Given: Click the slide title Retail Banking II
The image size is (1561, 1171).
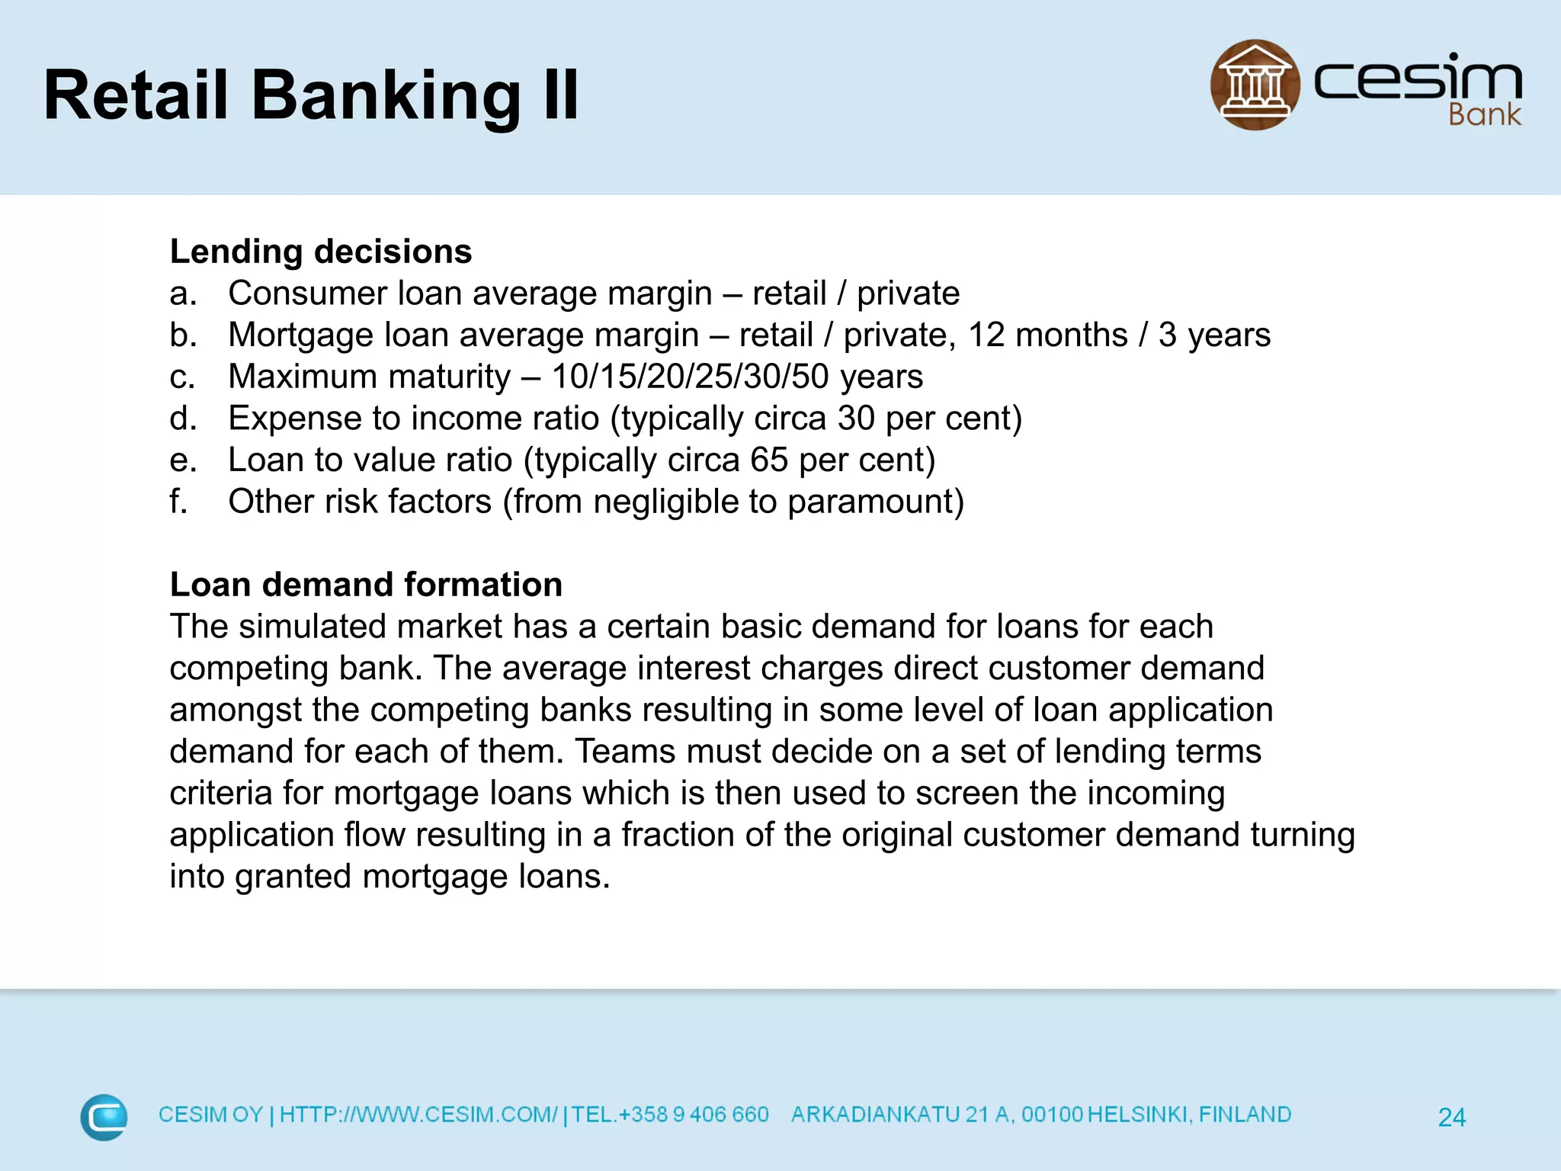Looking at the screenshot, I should click(x=311, y=95).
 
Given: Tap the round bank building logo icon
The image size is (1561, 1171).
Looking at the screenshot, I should click(x=1255, y=85).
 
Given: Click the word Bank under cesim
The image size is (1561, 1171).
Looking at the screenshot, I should click(x=1484, y=115).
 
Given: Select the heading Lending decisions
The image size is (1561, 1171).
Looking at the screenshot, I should click(x=321, y=252).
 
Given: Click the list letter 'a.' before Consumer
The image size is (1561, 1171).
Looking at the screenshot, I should click(x=183, y=294).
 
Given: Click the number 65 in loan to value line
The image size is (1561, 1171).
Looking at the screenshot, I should click(x=768, y=460).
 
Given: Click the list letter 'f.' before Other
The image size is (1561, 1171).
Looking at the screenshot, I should click(x=178, y=502).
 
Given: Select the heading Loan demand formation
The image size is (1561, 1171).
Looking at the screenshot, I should click(x=366, y=585).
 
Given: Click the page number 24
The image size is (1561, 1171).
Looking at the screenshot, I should click(x=1451, y=1118).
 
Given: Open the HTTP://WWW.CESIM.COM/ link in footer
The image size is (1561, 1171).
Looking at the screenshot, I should click(x=418, y=1115).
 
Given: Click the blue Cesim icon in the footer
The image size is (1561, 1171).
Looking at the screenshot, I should click(x=104, y=1117).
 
